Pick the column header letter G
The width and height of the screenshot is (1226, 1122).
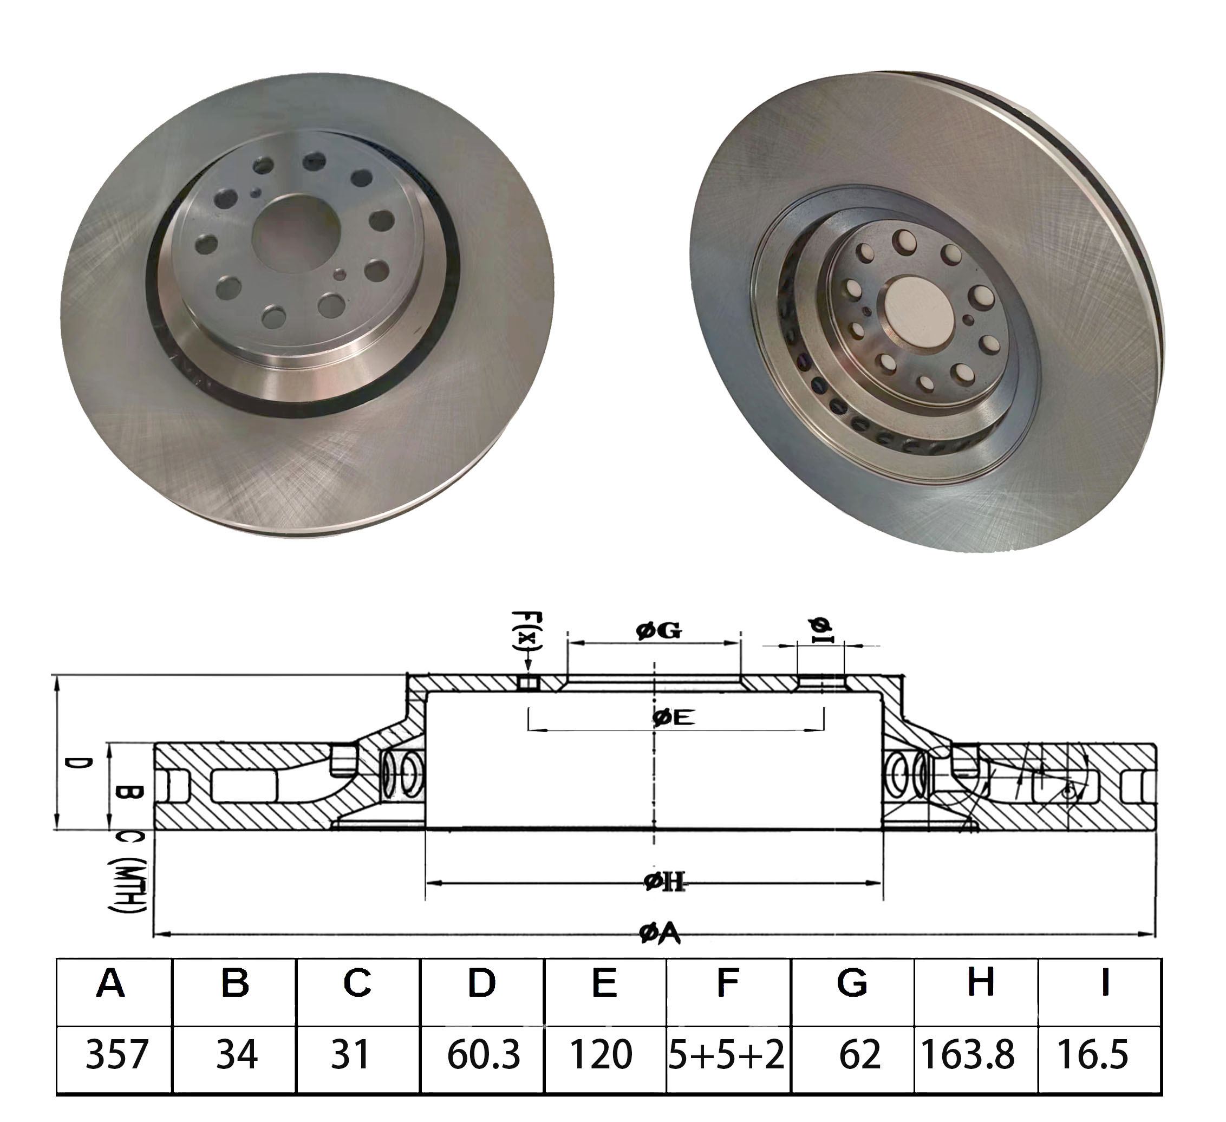point(851,983)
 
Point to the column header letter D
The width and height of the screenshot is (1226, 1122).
point(481,983)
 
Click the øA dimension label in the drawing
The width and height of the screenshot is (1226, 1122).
point(660,934)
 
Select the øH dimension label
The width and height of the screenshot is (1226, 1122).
point(664,881)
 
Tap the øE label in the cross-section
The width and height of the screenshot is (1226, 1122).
point(673,718)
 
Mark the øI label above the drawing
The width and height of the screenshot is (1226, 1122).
point(821,631)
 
